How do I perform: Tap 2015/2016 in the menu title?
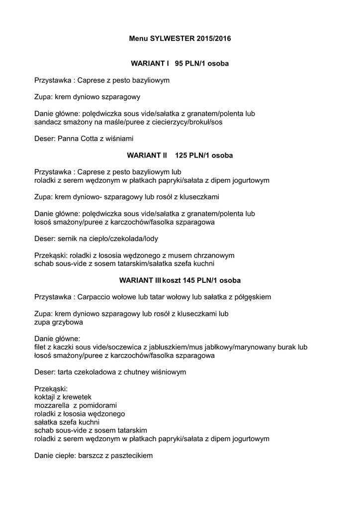pyautogui.click(x=214, y=38)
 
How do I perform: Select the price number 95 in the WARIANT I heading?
pyautogui.click(x=179, y=64)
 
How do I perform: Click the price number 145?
pyautogui.click(x=189, y=281)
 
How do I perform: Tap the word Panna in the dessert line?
pyautogui.click(x=69, y=138)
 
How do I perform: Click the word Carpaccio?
pyautogui.click(x=95, y=297)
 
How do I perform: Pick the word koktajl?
pyautogui.click(x=46, y=397)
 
